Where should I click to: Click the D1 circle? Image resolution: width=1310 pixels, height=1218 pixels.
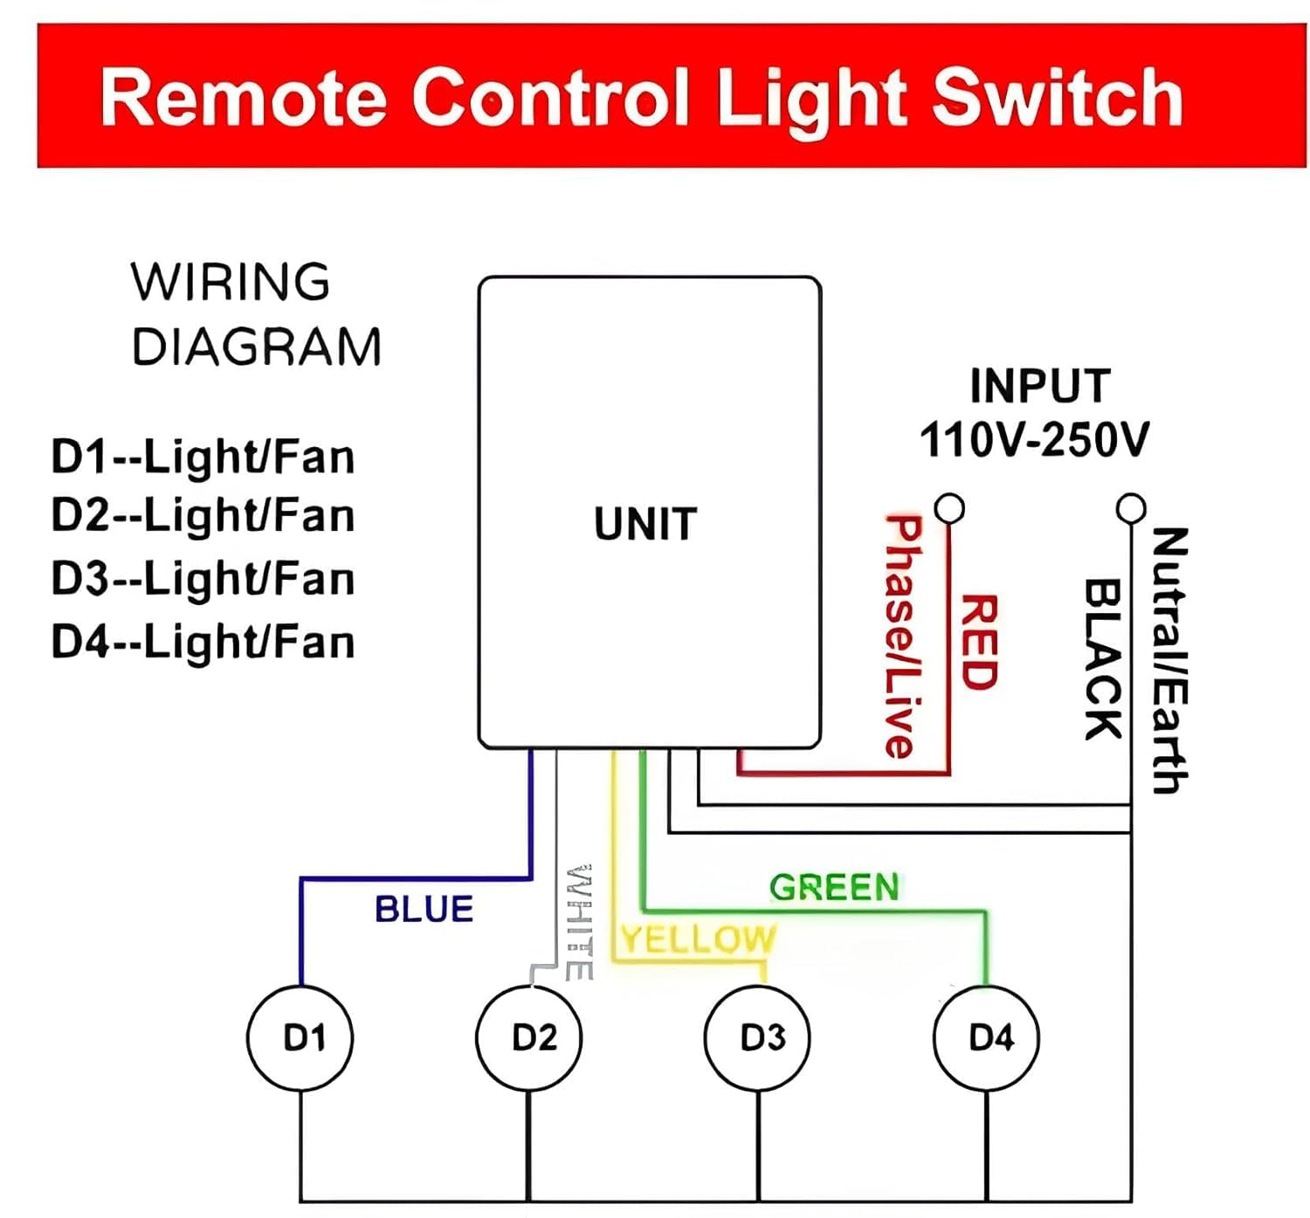point(300,1038)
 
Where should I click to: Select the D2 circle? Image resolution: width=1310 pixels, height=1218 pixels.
point(529,1038)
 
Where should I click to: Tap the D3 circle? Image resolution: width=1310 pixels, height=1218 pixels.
point(758,1038)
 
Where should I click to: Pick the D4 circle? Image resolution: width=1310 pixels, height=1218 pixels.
point(987,1038)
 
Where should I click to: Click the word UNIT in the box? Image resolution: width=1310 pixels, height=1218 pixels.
point(645,525)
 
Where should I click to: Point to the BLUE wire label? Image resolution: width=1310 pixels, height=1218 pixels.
point(424,910)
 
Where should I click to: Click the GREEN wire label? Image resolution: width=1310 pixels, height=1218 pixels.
point(834,888)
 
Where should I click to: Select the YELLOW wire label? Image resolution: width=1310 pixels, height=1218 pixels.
point(698,939)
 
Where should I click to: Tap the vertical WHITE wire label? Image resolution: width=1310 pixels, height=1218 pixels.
point(579,922)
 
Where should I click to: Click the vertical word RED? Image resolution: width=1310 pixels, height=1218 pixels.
point(979,643)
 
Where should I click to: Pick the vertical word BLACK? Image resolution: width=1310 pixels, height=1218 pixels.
point(1102,659)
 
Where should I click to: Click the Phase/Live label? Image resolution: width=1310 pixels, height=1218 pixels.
point(902,637)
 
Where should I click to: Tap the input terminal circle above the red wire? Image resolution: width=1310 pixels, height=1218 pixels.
point(949,507)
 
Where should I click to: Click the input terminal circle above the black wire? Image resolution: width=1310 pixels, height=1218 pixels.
point(1131,507)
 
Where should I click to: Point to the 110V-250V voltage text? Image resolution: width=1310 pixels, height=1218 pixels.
point(1034,439)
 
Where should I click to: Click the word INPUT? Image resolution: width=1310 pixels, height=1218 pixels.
point(1039,386)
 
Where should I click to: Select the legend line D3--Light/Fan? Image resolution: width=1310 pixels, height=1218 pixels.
point(203,579)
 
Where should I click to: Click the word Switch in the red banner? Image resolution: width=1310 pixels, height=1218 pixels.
point(1058,98)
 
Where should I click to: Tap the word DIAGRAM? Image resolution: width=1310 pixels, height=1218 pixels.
point(257,348)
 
